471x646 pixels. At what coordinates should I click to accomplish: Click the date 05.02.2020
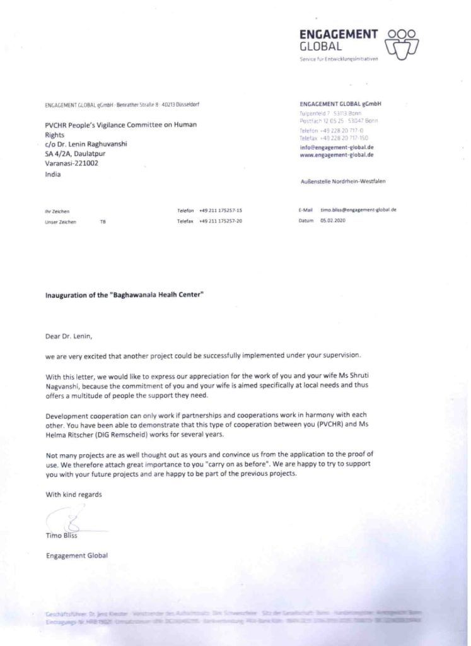tap(333, 221)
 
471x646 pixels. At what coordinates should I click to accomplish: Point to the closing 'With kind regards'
tap(74, 495)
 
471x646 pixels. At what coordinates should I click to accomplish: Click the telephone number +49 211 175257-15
tap(221, 209)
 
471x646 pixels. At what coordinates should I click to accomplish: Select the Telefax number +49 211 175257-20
tap(221, 221)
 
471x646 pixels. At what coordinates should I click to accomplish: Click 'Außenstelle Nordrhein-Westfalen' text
tap(344, 181)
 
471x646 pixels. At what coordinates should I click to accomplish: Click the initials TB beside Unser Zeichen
tap(103, 222)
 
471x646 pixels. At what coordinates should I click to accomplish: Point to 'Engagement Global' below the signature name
tap(77, 555)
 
